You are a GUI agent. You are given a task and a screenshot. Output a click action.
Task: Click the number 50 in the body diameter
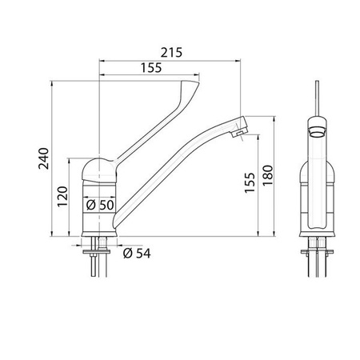point(107,205)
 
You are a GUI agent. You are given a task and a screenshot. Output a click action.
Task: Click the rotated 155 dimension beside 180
point(250,186)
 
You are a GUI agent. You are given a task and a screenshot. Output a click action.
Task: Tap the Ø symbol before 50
point(90,205)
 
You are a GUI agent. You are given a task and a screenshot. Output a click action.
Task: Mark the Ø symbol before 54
point(127,254)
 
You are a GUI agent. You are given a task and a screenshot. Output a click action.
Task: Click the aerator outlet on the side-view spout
point(237,132)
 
